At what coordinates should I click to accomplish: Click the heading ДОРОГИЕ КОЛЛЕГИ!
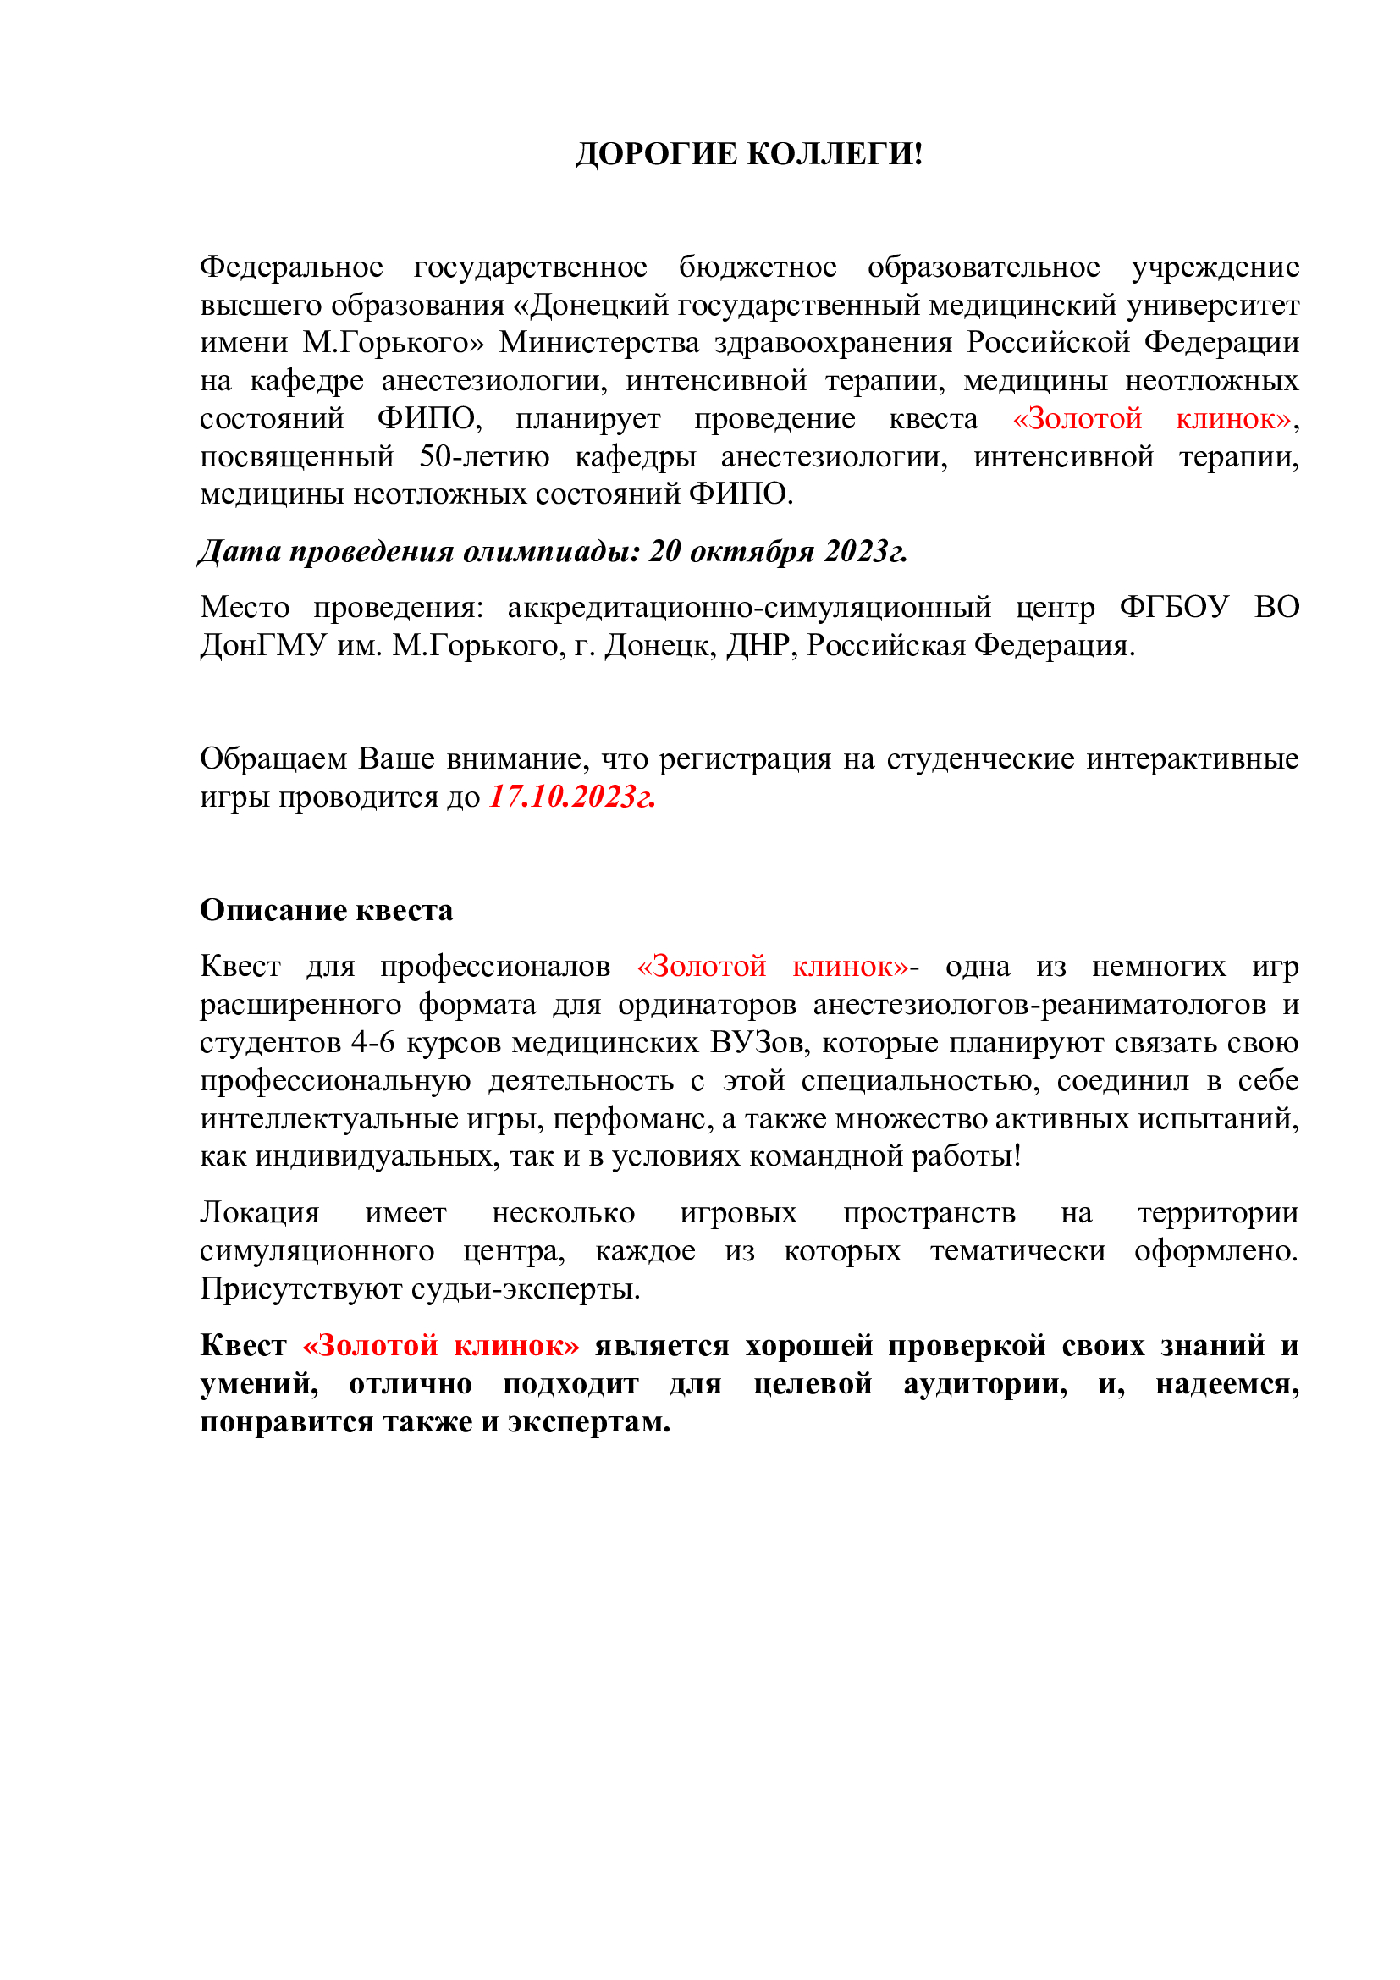(x=748, y=154)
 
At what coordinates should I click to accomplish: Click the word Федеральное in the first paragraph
(x=291, y=267)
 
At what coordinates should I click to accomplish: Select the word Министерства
(x=599, y=343)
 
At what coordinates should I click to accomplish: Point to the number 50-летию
(x=483, y=456)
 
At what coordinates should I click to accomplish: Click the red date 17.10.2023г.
(x=572, y=796)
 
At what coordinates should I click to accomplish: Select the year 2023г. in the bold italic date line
(x=866, y=551)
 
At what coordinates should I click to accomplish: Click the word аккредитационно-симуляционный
(x=749, y=607)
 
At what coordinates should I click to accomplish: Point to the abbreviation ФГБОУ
(x=1174, y=607)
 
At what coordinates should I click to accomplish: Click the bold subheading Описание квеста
(x=326, y=910)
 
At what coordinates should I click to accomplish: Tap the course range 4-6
(x=373, y=1042)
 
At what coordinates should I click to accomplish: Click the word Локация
(x=260, y=1212)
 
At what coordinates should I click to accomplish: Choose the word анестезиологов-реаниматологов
(x=1039, y=1004)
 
